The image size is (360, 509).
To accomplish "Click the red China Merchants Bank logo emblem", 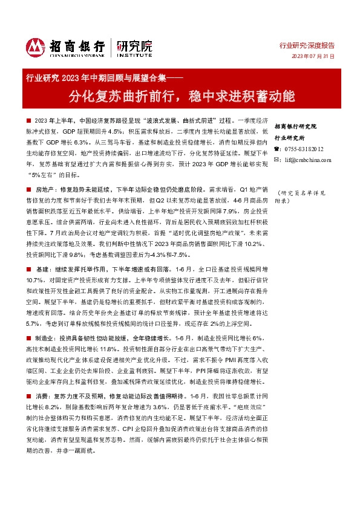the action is tap(36, 47).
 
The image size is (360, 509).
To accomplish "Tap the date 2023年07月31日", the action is tap(313, 56).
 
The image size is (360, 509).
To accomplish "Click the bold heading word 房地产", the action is tap(44, 189).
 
